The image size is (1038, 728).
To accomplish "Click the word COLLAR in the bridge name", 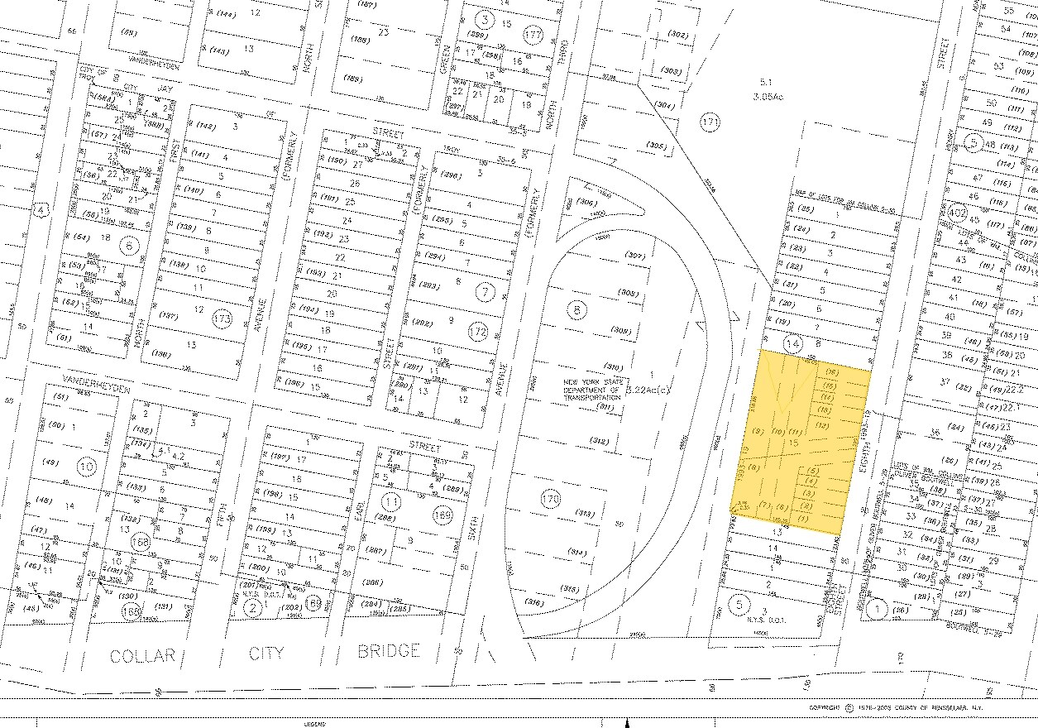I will (143, 655).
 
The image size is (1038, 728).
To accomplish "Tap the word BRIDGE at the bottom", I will (389, 651).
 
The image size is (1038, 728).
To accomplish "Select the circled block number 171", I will (710, 122).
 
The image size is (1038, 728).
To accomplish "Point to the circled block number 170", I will (551, 498).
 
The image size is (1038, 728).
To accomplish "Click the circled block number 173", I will (222, 318).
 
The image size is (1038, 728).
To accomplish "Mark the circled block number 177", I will (533, 35).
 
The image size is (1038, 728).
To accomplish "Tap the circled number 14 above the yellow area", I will (793, 342).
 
